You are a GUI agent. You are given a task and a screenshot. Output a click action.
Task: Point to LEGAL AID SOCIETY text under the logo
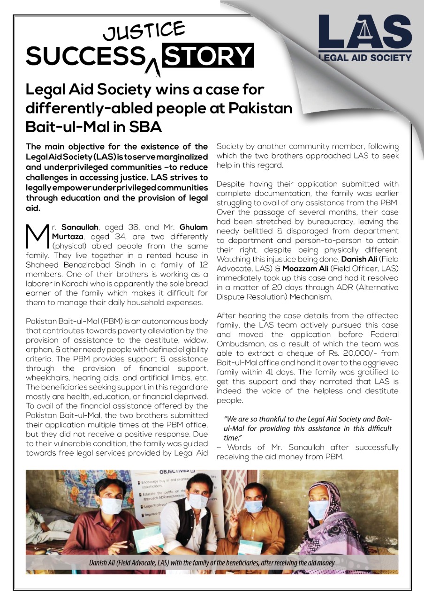(x=364, y=58)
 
